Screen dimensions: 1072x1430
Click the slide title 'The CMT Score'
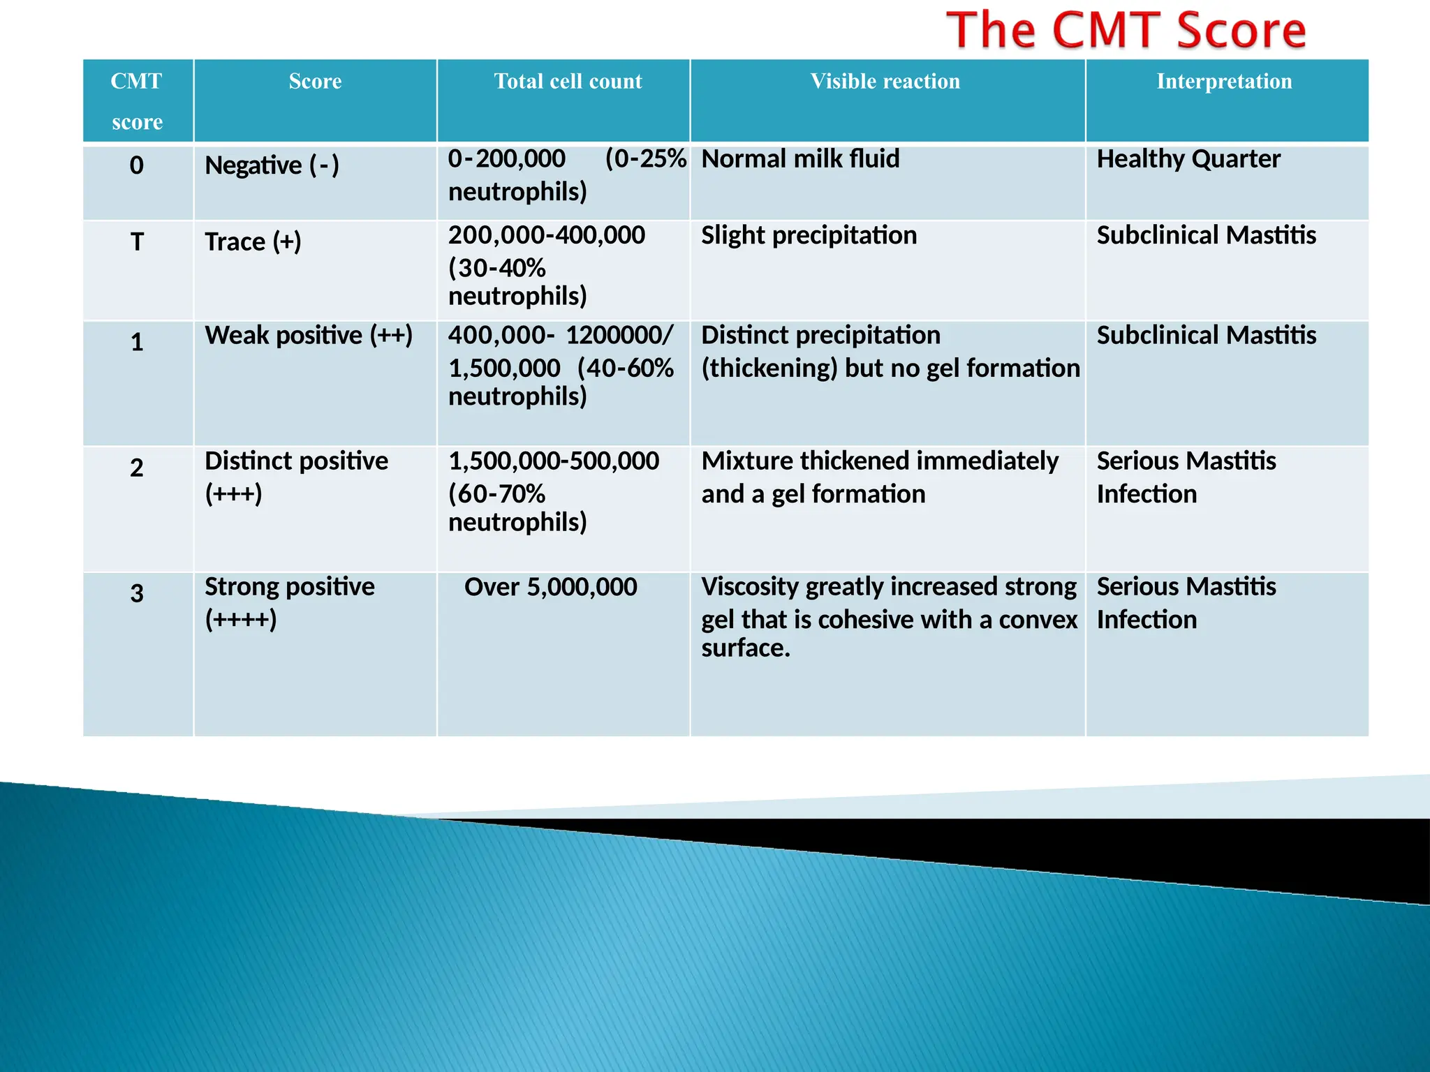point(1126,31)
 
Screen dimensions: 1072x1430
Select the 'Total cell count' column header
point(568,82)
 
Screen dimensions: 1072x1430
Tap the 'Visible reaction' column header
point(885,82)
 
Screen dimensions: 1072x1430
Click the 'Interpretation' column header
point(1224,82)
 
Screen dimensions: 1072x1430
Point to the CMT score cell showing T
point(137,242)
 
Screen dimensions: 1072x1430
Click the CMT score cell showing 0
point(137,165)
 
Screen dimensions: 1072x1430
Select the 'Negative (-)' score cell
point(272,166)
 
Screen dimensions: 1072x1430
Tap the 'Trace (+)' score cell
point(253,242)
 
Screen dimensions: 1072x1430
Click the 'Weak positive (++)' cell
point(309,336)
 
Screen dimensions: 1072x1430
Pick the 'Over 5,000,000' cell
point(550,587)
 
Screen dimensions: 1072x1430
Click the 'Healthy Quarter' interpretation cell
point(1188,159)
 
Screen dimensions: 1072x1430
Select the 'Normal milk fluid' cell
point(800,159)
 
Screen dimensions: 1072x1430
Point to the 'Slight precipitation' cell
point(809,236)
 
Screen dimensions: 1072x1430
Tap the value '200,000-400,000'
point(547,236)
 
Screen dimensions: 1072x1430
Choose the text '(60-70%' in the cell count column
point(496,494)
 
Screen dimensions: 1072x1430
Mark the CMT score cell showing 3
point(137,593)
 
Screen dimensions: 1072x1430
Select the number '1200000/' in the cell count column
point(619,336)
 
